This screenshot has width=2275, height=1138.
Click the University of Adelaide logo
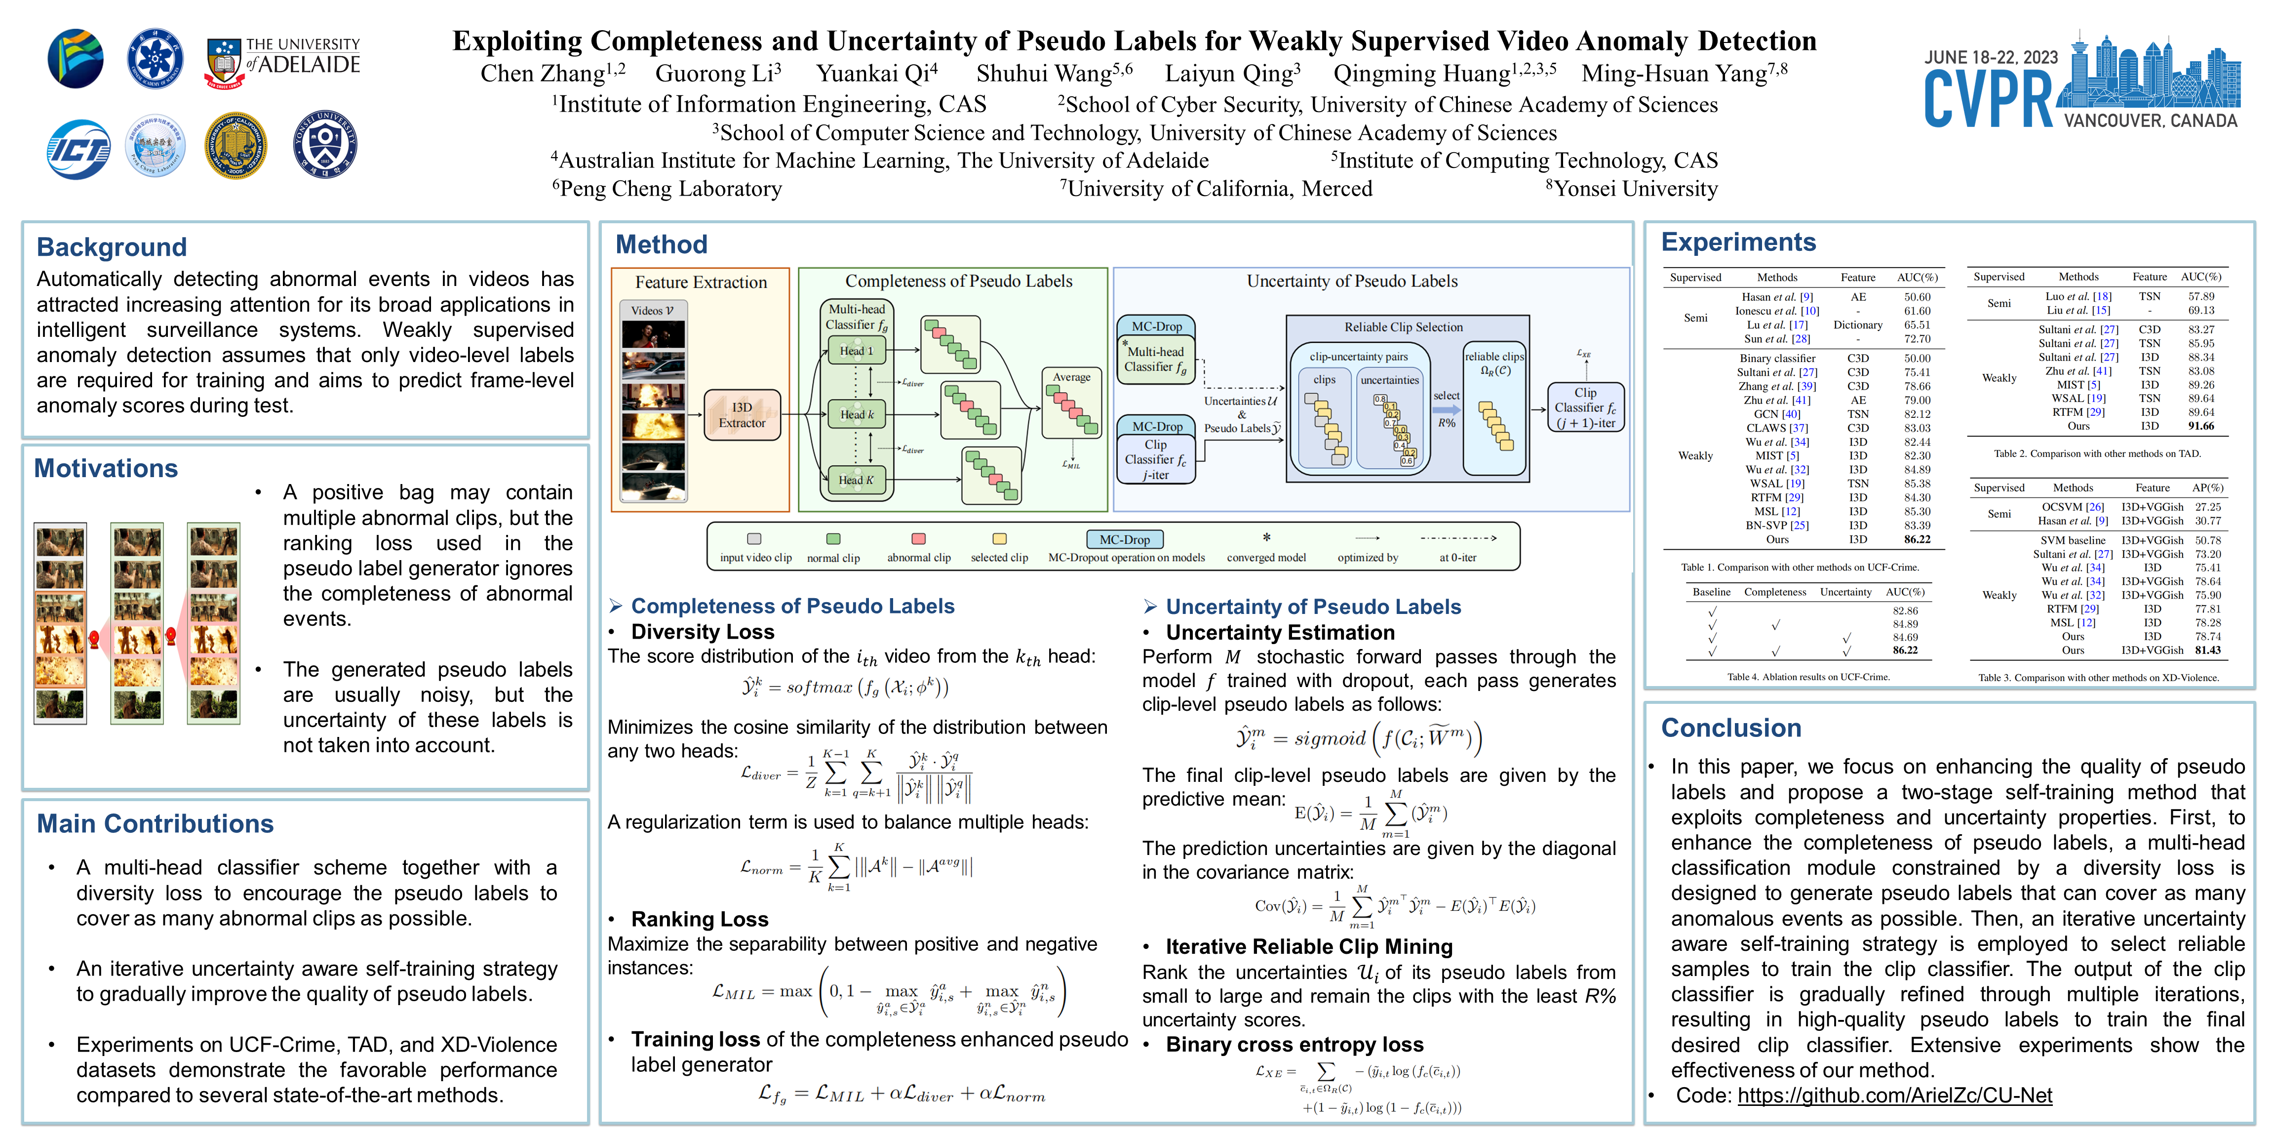pyautogui.click(x=282, y=60)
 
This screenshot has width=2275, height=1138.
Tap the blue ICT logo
pyautogui.click(x=78, y=149)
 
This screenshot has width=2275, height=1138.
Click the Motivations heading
pyautogui.click(x=106, y=468)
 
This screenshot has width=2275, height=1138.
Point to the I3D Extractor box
pyautogui.click(x=742, y=414)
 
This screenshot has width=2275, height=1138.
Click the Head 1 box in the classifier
pyautogui.click(x=856, y=351)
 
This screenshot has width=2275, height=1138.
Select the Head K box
pyautogui.click(x=856, y=480)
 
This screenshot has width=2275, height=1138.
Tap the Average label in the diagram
pyautogui.click(x=1071, y=377)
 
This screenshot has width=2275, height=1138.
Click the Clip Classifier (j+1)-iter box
pyautogui.click(x=1585, y=407)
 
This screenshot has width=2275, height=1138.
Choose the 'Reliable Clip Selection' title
pyautogui.click(x=1403, y=327)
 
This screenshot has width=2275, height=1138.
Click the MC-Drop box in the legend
pyautogui.click(x=1124, y=539)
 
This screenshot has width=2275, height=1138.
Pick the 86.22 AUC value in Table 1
pyautogui.click(x=1917, y=539)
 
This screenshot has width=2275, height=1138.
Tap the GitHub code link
pyautogui.click(x=1894, y=1096)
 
